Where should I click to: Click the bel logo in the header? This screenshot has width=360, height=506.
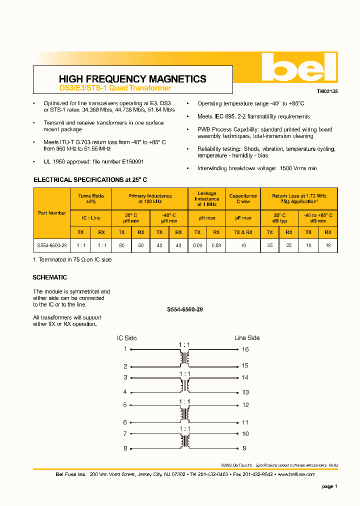(x=299, y=67)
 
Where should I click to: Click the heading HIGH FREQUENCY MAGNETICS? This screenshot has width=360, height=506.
(x=132, y=79)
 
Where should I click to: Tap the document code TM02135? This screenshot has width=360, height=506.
(x=327, y=92)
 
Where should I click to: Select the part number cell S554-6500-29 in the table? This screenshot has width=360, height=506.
(x=52, y=246)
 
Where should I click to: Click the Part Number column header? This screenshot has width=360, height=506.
(x=52, y=213)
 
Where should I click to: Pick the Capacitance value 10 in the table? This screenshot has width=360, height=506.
(x=243, y=246)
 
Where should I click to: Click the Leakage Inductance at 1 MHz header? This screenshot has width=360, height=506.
(x=207, y=199)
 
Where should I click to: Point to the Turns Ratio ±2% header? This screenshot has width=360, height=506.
(x=91, y=199)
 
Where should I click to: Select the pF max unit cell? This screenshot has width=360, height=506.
(x=243, y=218)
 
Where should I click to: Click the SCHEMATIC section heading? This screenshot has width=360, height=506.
(x=50, y=277)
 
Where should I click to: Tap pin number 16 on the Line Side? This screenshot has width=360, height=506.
(x=245, y=349)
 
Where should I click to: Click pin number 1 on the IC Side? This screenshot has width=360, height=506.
(x=125, y=349)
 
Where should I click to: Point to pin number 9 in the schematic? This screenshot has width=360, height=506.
(x=245, y=448)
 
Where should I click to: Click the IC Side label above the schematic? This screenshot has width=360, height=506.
(x=127, y=338)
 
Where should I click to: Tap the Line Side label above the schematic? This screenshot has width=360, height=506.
(x=247, y=338)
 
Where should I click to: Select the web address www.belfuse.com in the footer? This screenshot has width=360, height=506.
(x=296, y=474)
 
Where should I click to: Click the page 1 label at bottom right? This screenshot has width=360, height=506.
(x=329, y=486)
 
